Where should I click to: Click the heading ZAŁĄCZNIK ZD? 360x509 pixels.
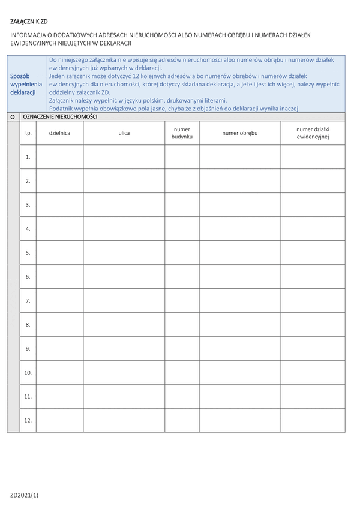(29, 22)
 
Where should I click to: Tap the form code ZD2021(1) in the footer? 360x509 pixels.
(24, 495)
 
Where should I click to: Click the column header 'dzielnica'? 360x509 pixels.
(59, 133)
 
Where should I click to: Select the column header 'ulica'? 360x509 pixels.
(124, 133)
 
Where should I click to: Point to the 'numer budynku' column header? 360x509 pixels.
(182, 133)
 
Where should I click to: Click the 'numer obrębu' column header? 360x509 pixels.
(240, 133)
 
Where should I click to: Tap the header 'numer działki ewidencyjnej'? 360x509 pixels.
(313, 133)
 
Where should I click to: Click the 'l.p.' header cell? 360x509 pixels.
(28, 133)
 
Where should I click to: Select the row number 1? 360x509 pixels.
(28, 157)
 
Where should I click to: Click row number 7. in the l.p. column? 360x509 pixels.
(28, 301)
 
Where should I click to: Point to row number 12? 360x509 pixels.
(28, 420)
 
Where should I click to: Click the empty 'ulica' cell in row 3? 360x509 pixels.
(124, 205)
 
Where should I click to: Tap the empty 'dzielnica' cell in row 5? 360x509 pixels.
(59, 253)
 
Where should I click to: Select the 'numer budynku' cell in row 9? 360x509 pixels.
(182, 348)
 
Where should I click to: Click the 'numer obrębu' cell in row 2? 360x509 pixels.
(240, 181)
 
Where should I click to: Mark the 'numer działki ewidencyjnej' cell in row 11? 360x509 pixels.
(313, 396)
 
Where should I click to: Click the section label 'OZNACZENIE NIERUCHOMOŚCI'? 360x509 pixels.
(59, 117)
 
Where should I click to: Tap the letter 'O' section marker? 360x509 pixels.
(13, 118)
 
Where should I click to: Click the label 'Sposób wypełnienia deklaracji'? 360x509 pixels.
(26, 85)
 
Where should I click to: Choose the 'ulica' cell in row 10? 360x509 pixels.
(124, 372)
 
